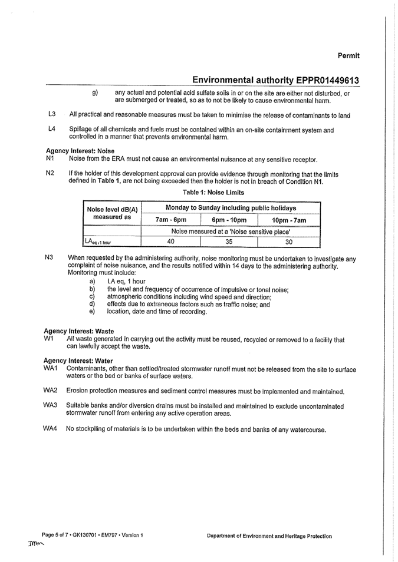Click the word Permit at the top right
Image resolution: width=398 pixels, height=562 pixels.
348,55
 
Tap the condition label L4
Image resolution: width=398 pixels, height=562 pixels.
52,129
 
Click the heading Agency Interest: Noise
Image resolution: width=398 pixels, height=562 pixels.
80,151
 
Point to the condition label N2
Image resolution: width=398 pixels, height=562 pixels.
50,174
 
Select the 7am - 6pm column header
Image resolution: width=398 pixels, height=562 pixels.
170,220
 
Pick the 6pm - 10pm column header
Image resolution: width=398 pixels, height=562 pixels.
229,220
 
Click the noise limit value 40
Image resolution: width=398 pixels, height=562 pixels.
170,241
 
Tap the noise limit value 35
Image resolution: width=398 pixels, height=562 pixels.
229,241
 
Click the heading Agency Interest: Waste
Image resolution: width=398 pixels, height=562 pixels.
79,331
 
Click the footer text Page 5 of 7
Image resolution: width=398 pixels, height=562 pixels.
59,535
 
